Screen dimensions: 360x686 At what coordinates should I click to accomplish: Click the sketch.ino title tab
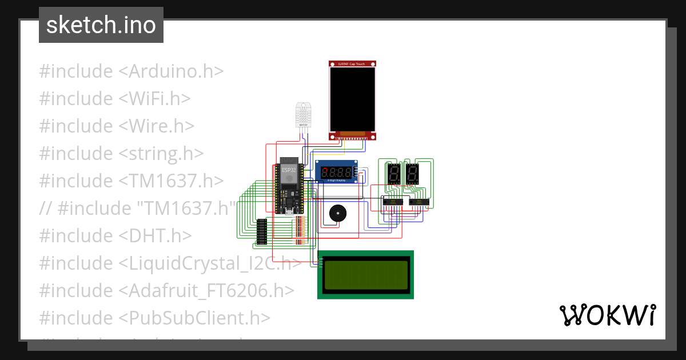click(101, 25)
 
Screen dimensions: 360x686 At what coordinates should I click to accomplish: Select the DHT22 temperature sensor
click(303, 115)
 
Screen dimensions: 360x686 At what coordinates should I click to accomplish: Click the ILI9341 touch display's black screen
click(353, 99)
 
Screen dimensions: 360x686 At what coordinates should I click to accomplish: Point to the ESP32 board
click(289, 189)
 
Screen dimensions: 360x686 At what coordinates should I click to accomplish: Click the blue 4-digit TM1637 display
click(337, 172)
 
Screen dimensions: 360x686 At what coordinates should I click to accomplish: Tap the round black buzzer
click(336, 214)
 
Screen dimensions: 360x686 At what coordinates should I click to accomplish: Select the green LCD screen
click(366, 274)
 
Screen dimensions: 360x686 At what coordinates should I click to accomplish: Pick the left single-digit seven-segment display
click(394, 173)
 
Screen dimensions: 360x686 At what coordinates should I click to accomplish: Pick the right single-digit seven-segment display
click(413, 173)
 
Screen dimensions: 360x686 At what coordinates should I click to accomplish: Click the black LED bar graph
click(262, 231)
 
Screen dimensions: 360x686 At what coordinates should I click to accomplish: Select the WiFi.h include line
click(114, 99)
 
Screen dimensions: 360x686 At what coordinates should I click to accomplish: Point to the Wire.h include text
click(117, 126)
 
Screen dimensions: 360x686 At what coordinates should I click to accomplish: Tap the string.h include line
click(121, 154)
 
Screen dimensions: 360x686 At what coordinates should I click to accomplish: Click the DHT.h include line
click(115, 236)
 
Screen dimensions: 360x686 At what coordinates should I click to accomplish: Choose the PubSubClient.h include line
click(154, 318)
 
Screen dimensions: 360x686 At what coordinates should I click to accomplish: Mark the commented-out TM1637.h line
click(137, 209)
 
